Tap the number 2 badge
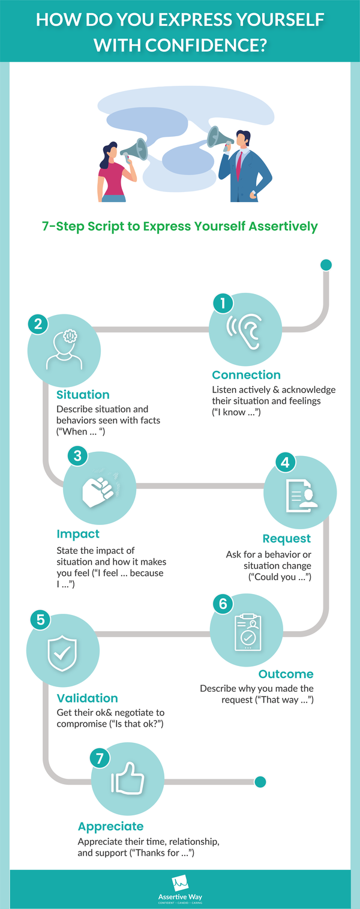click(x=38, y=324)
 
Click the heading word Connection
click(x=247, y=374)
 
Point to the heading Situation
click(x=83, y=394)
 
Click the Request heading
click(x=287, y=539)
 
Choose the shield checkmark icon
click(x=62, y=653)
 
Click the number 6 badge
click(x=223, y=604)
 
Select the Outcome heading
click(x=286, y=674)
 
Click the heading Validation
click(x=87, y=698)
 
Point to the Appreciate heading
click(x=111, y=826)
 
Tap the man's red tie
click(x=239, y=165)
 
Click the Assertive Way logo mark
click(x=180, y=883)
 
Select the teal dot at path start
click(x=326, y=265)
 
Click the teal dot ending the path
click(x=260, y=782)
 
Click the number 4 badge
click(x=286, y=462)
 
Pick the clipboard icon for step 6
click(x=248, y=632)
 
